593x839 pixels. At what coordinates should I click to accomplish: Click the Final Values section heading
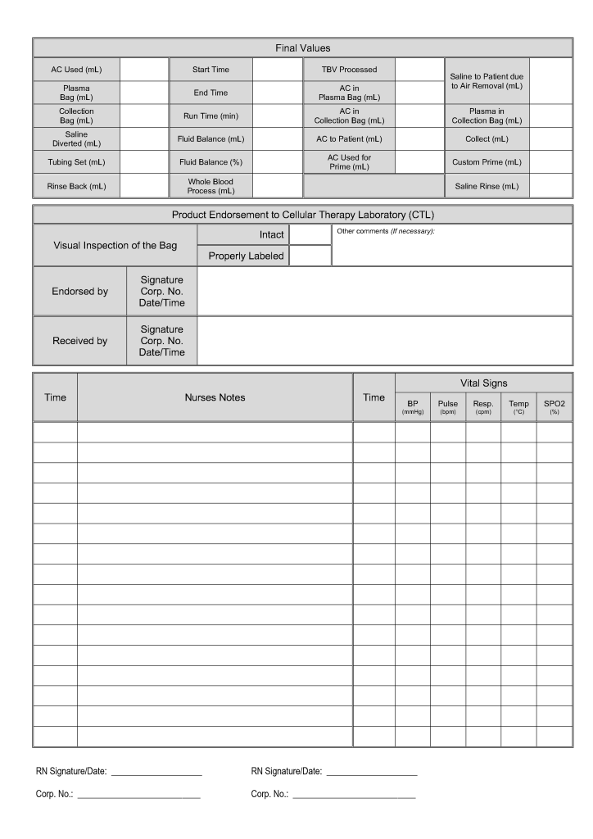click(x=303, y=48)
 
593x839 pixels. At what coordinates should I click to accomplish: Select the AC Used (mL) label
click(x=76, y=70)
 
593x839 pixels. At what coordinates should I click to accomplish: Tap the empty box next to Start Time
click(x=278, y=70)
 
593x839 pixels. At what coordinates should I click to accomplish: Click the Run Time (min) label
click(x=210, y=116)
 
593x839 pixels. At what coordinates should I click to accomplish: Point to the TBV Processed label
click(x=350, y=70)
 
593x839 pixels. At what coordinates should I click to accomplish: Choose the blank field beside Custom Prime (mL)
click(x=551, y=162)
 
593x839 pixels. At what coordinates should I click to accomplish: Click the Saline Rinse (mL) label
click(x=487, y=186)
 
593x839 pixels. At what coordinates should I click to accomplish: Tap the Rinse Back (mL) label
click(x=76, y=186)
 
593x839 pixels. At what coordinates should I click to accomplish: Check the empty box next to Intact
click(x=310, y=235)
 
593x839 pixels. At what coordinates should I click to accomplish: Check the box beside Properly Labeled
click(x=310, y=256)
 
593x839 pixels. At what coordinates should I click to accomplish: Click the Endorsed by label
click(x=79, y=291)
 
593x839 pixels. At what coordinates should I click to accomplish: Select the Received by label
click(x=79, y=341)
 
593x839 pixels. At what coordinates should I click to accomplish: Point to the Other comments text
click(x=385, y=231)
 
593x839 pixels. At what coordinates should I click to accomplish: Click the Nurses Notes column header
click(x=215, y=397)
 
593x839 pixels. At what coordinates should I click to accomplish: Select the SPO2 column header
click(x=555, y=406)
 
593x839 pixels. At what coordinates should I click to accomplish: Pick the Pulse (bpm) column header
click(x=448, y=406)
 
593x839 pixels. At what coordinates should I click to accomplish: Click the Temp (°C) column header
click(x=518, y=406)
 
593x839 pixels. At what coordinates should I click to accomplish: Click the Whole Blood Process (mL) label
click(x=210, y=186)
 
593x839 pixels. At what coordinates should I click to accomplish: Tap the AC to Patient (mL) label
click(x=350, y=139)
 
